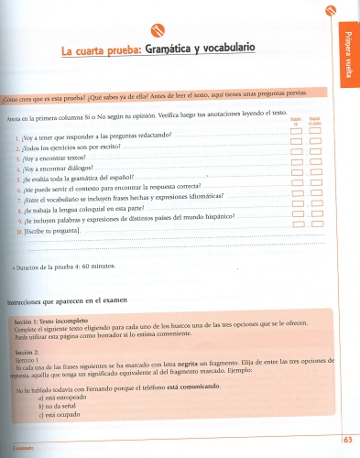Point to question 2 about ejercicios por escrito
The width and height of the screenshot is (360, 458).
[x=69, y=147]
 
